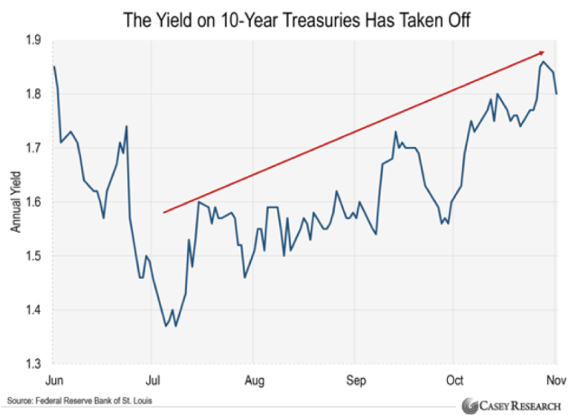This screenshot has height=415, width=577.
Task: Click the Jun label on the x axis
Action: pos(54,381)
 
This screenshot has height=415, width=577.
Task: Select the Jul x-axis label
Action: pos(154,381)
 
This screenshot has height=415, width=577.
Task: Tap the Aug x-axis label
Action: pos(255,381)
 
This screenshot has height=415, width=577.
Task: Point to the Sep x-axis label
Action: pos(356,381)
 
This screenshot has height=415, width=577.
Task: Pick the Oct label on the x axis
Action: pos(453,381)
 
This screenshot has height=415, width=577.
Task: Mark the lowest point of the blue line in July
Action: pos(166,326)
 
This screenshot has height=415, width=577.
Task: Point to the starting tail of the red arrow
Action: pos(163,213)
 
